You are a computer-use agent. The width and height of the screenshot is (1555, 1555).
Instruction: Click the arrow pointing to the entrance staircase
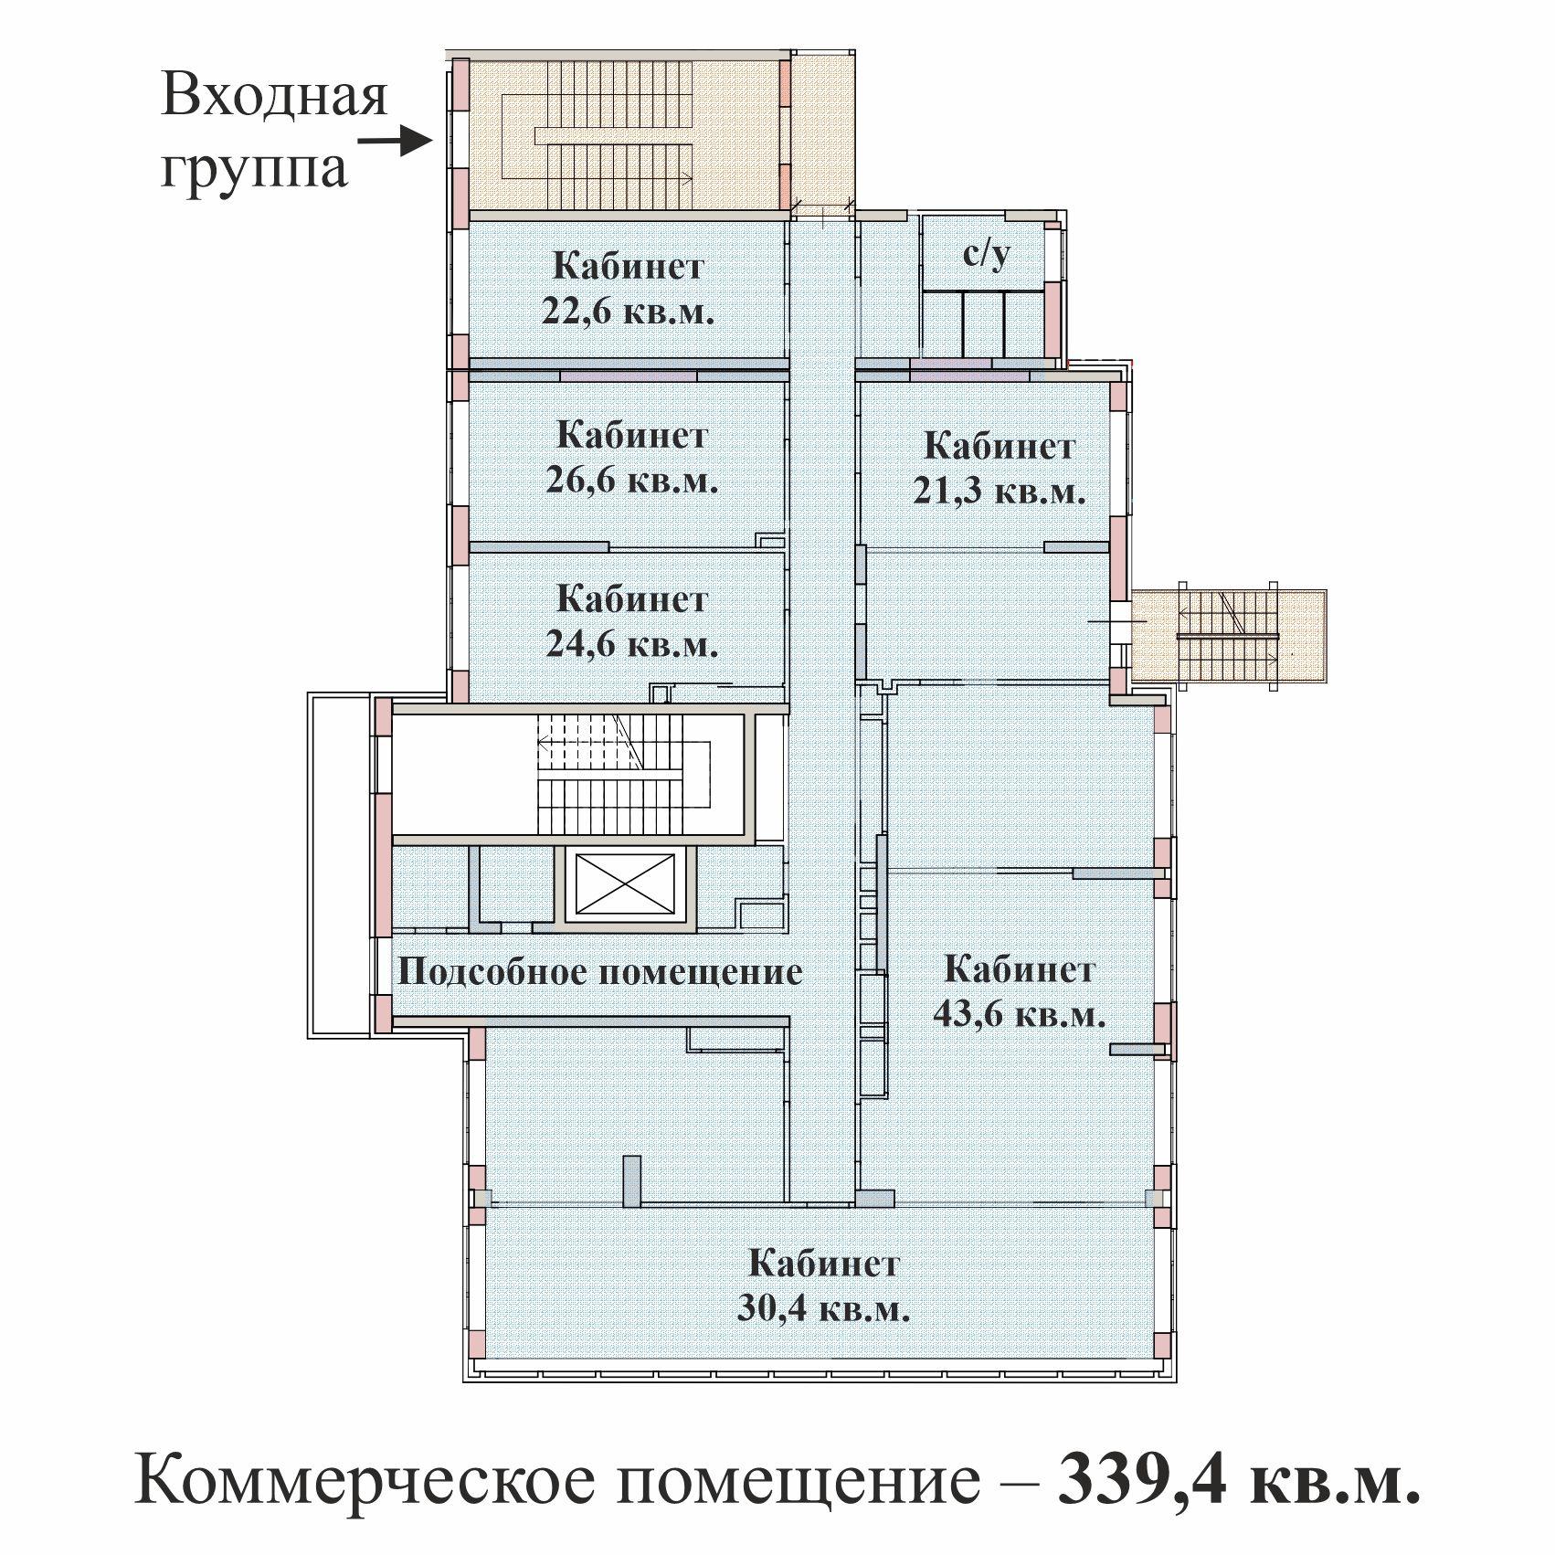click(395, 142)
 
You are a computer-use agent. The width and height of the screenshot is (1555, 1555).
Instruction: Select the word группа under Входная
click(254, 170)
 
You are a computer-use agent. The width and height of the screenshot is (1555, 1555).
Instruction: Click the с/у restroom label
click(987, 254)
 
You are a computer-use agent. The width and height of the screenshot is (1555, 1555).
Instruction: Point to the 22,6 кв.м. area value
click(627, 312)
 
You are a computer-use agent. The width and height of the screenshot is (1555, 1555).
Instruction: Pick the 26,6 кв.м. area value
click(632, 481)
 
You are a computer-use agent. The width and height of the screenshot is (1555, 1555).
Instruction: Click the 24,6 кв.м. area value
click(632, 644)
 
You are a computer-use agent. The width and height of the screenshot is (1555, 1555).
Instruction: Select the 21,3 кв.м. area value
click(1000, 492)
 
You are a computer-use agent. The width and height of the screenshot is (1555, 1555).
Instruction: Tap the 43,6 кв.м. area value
click(1020, 1014)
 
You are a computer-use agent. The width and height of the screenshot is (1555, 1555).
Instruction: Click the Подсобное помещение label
click(600, 971)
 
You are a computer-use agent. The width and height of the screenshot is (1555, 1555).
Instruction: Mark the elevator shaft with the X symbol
click(625, 884)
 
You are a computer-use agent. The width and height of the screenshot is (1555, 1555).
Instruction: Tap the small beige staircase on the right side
click(1229, 636)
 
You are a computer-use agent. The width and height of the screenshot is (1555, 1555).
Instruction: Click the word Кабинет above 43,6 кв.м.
click(1019, 968)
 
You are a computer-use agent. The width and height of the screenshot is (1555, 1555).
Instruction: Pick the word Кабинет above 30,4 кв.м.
click(824, 1264)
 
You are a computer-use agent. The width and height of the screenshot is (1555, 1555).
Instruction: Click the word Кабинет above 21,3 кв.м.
click(999, 447)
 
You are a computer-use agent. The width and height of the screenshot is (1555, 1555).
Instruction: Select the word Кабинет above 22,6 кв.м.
click(629, 267)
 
